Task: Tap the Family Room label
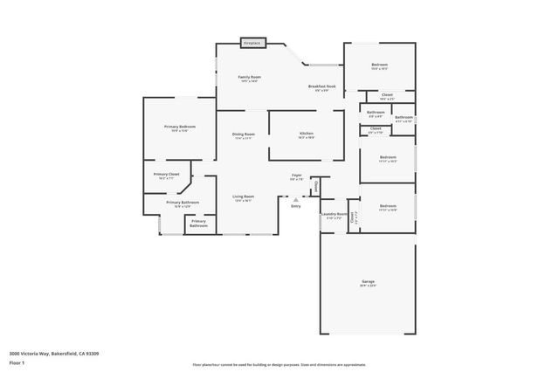tap(250, 77)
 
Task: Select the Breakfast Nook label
tap(321, 86)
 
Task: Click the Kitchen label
tap(306, 134)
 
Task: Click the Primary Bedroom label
tap(180, 127)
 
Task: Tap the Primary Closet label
tap(166, 174)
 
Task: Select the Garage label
tap(368, 281)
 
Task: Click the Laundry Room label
tap(335, 213)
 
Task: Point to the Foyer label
tap(297, 176)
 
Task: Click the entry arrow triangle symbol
tap(296, 199)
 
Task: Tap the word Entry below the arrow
tap(296, 206)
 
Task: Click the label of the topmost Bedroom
tap(379, 65)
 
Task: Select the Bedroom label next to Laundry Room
tap(388, 207)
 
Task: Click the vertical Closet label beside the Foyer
tap(315, 187)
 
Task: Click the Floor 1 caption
tap(17, 362)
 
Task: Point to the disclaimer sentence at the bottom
tap(279, 365)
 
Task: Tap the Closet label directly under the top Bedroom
tap(387, 94)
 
